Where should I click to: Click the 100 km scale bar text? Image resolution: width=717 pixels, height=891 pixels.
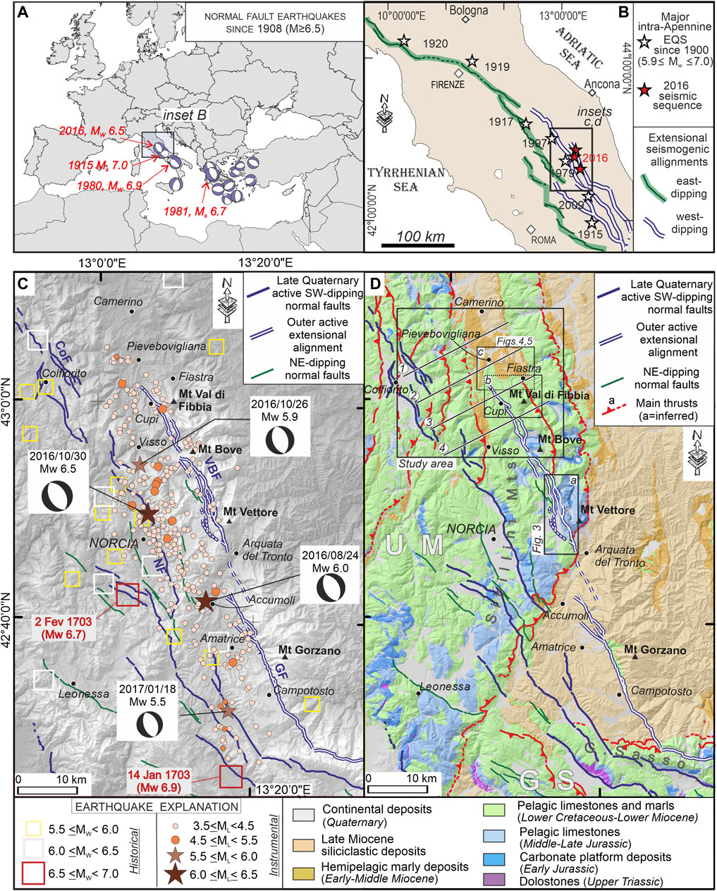pos(421,235)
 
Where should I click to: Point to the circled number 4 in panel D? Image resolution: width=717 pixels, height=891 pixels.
pos(442,448)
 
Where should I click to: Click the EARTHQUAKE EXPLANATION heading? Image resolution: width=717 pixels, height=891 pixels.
pos(154,806)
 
